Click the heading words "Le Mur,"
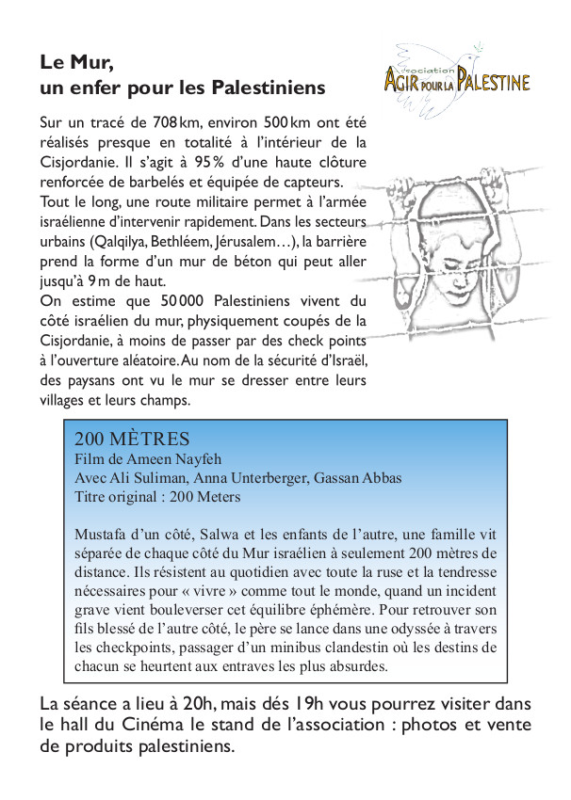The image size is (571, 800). [77, 63]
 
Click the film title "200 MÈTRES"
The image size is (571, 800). [132, 440]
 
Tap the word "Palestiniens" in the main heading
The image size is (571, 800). [269, 88]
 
